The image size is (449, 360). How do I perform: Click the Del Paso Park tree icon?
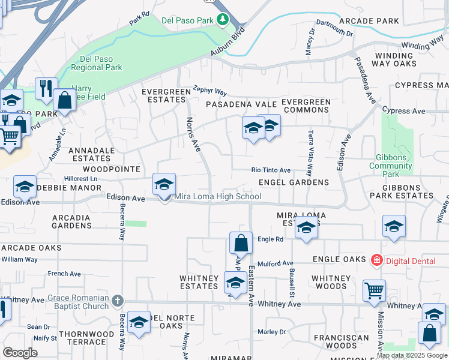click(x=223, y=20)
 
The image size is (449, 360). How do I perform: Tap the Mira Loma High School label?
click(x=217, y=197)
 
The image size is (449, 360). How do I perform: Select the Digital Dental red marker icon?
click(x=376, y=260)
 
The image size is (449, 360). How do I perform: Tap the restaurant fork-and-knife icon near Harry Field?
click(x=46, y=88)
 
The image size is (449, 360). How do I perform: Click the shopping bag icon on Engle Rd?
click(x=241, y=243)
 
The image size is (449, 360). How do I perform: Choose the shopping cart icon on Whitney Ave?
click(x=374, y=290)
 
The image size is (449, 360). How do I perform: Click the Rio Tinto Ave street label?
click(x=271, y=170)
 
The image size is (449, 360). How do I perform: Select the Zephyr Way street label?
click(x=209, y=91)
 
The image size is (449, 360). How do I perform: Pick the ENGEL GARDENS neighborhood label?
click(x=294, y=182)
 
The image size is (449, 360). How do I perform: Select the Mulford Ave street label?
click(x=275, y=263)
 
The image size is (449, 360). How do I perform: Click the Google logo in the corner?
click(x=20, y=353)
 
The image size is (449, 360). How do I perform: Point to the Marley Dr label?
click(x=272, y=332)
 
